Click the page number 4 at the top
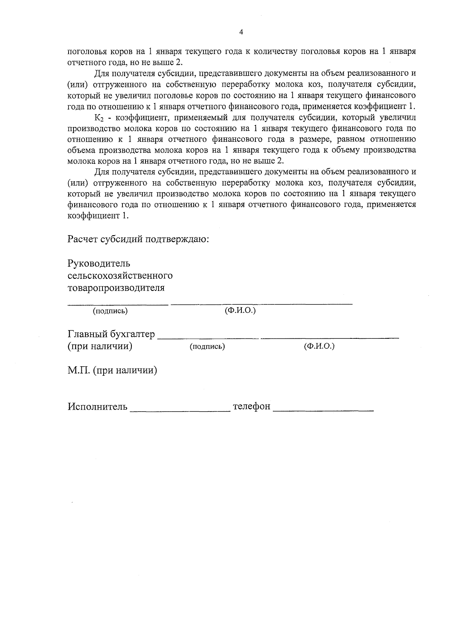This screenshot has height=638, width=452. point(241,32)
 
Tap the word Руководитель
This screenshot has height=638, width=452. point(99,263)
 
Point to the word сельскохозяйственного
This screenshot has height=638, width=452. point(120,275)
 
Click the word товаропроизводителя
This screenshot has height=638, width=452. point(116,288)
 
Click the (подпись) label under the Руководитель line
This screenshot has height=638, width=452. point(110,311)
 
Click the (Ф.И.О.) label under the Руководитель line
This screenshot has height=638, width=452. point(240,311)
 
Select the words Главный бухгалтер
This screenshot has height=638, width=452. point(111,334)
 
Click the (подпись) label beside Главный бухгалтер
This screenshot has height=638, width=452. point(207,347)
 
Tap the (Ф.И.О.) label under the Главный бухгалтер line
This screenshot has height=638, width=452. point(319,346)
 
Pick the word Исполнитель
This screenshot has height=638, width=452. point(98,407)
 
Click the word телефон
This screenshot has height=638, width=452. point(252,407)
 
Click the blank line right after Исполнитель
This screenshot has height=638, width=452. point(180,410)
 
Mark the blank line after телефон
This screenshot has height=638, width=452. point(323,410)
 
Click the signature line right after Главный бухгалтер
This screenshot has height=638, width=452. point(208,338)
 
